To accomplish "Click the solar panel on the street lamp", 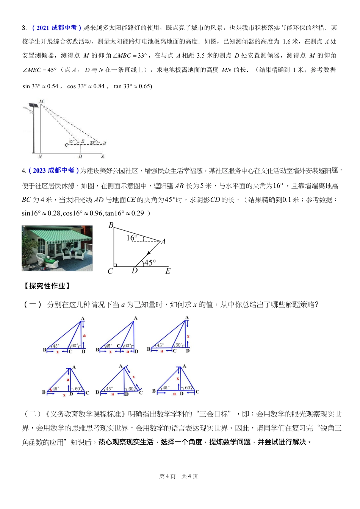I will [x=33, y=105].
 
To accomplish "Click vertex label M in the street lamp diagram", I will [x=41, y=101].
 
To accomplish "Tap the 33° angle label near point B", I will [x=93, y=142].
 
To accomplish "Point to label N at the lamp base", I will [x=40, y=156].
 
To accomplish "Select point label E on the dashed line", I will [x=83, y=141].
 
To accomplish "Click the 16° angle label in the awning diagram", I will [x=131, y=238].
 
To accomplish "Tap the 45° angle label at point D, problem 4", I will [x=150, y=262].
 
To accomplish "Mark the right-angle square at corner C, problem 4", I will [x=115, y=265].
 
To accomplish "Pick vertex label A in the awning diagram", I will [x=163, y=242].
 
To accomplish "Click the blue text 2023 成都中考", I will [x=53, y=170].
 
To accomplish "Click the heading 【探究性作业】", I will [x=47, y=286].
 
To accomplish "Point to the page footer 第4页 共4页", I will [x=178, y=476].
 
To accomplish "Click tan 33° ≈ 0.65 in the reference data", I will [x=133, y=86].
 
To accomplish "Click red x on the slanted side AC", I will [x=133, y=377].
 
